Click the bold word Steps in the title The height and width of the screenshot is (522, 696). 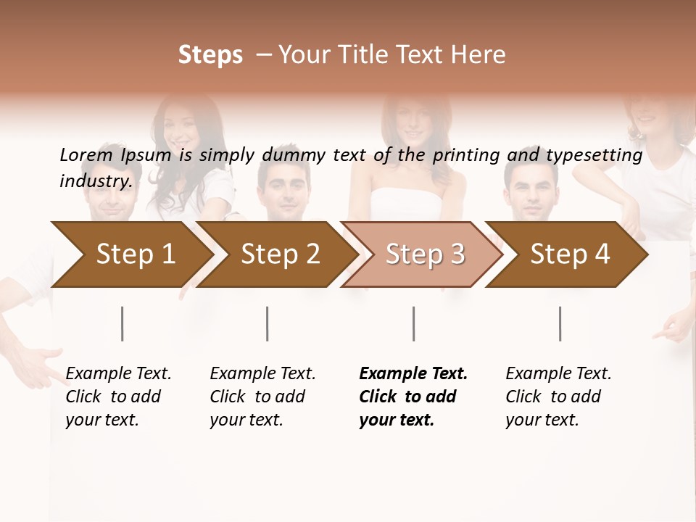(210, 55)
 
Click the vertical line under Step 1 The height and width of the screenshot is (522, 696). (123, 323)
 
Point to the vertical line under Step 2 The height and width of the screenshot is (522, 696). (268, 323)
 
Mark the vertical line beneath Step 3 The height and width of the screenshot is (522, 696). (414, 323)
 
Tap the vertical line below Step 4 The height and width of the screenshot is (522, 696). (560, 323)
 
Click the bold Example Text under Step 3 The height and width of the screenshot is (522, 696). (413, 373)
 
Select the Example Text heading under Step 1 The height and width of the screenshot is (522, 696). (118, 373)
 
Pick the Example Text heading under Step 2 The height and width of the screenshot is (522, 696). (262, 373)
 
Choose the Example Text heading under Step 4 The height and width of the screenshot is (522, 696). (558, 373)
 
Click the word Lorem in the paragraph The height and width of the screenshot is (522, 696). (86, 154)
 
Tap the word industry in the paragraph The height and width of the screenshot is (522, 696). (96, 181)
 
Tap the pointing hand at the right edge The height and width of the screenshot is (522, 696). (673, 328)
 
